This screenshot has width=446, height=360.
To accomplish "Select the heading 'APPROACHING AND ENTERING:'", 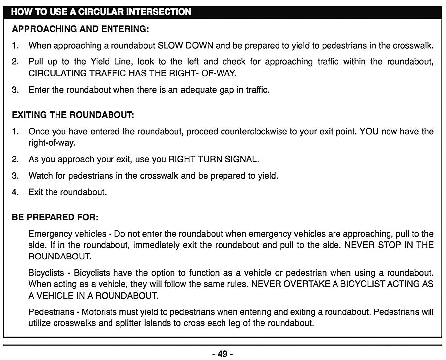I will click(80, 29).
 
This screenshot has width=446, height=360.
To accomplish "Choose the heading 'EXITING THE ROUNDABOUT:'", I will click(73, 115).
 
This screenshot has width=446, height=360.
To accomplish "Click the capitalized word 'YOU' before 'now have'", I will click(369, 132).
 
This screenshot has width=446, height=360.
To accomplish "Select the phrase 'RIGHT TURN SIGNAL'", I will click(214, 159).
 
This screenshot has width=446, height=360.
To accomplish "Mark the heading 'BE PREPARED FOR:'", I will click(55, 217).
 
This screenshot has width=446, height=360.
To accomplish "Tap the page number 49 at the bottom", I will click(222, 353).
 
